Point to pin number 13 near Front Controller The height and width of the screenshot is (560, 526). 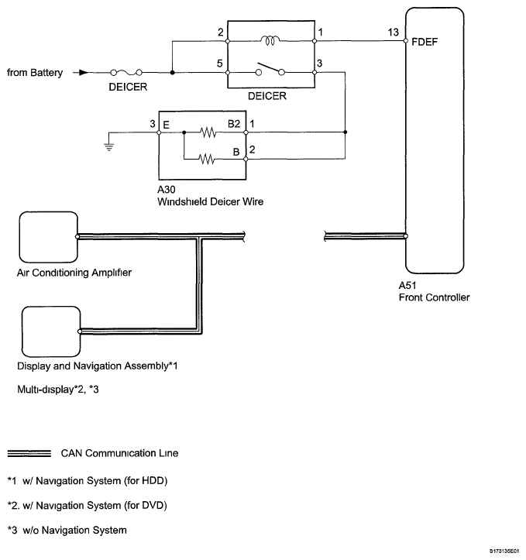pyautogui.click(x=394, y=33)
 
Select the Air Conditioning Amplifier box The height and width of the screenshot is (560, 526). pyautogui.click(x=46, y=236)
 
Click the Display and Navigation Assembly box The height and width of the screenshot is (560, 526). pyautogui.click(x=50, y=331)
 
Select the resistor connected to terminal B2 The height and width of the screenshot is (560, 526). pyautogui.click(x=208, y=132)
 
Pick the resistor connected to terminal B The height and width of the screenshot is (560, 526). pyautogui.click(x=208, y=160)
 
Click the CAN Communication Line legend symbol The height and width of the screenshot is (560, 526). pyautogui.click(x=29, y=452)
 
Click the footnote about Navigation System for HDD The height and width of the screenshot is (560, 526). pyautogui.click(x=87, y=481)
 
